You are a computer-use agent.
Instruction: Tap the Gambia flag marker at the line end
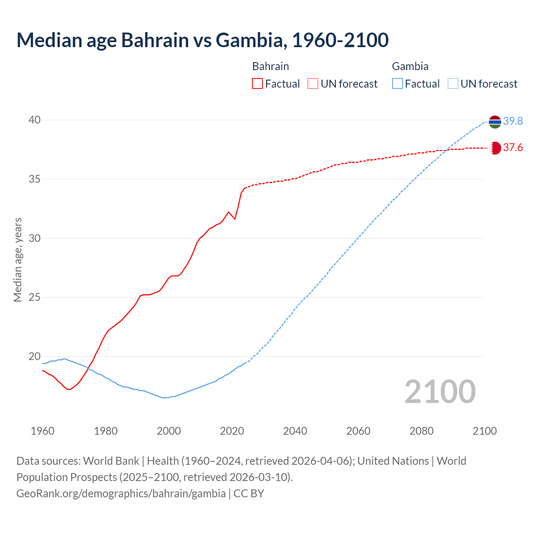point(495,122)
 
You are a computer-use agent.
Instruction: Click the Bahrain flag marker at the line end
point(495,148)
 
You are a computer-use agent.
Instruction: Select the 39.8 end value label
point(513,121)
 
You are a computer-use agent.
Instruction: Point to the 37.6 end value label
point(513,147)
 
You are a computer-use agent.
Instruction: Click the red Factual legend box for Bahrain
point(257,84)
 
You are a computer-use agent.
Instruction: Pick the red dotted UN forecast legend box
point(313,84)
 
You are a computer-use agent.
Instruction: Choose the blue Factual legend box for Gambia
point(398,84)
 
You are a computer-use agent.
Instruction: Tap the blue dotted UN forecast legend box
point(453,84)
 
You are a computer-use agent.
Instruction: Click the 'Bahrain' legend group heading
point(270,66)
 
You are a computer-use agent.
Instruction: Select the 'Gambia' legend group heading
point(410,66)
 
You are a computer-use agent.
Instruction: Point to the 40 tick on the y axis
point(35,120)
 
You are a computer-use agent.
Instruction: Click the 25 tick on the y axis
point(35,297)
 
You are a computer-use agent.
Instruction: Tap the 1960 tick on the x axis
point(43,431)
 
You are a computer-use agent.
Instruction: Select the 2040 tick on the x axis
point(295,431)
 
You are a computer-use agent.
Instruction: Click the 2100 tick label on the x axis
point(484,431)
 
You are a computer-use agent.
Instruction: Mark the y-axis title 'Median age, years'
point(18,259)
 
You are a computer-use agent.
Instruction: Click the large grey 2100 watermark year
point(440,391)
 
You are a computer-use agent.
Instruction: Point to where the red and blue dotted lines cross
point(447,149)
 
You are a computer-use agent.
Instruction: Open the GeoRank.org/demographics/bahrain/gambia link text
point(121,494)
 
